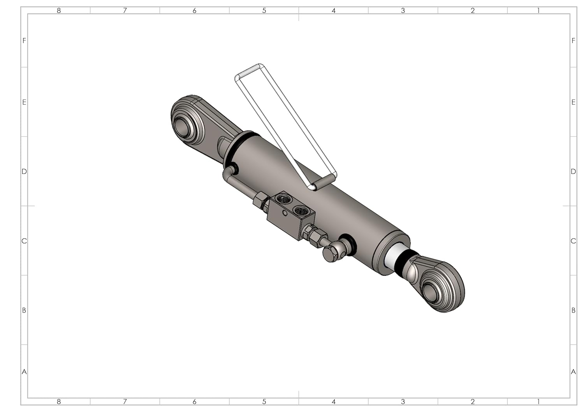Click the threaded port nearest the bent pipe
tap(281, 199)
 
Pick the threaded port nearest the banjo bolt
tap(299, 211)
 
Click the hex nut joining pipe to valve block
tap(260, 201)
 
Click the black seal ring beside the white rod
tap(404, 263)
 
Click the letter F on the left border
tap(24, 40)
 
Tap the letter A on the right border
tap(573, 372)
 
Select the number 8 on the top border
tap(59, 10)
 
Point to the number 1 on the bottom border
tap(538, 402)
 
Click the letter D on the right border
tap(573, 171)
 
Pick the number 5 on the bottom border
tap(264, 402)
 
